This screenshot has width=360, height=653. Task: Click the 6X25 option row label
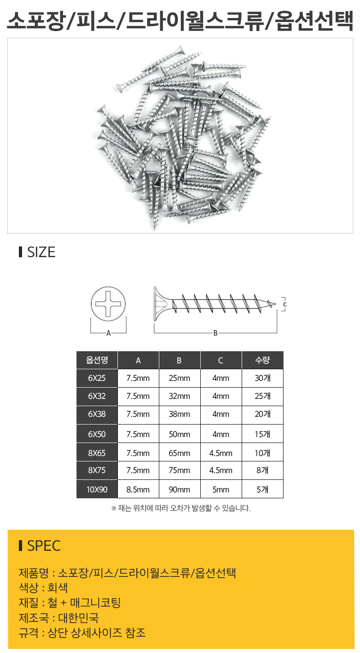pyautogui.click(x=97, y=378)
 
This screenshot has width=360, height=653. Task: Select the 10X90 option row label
pyautogui.click(x=97, y=489)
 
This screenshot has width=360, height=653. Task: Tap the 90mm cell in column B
pyautogui.click(x=180, y=489)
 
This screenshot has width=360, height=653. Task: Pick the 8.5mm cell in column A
pyautogui.click(x=138, y=489)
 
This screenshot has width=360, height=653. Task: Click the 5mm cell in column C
pyautogui.click(x=221, y=489)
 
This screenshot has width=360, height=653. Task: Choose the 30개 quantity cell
pyautogui.click(x=262, y=378)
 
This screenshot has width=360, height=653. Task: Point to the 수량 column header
pyautogui.click(x=262, y=360)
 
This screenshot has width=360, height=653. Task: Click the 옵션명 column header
pyautogui.click(x=97, y=360)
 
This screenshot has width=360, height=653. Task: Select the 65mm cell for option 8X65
pyautogui.click(x=180, y=453)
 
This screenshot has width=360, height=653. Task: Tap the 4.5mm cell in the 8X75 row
pyautogui.click(x=221, y=470)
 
